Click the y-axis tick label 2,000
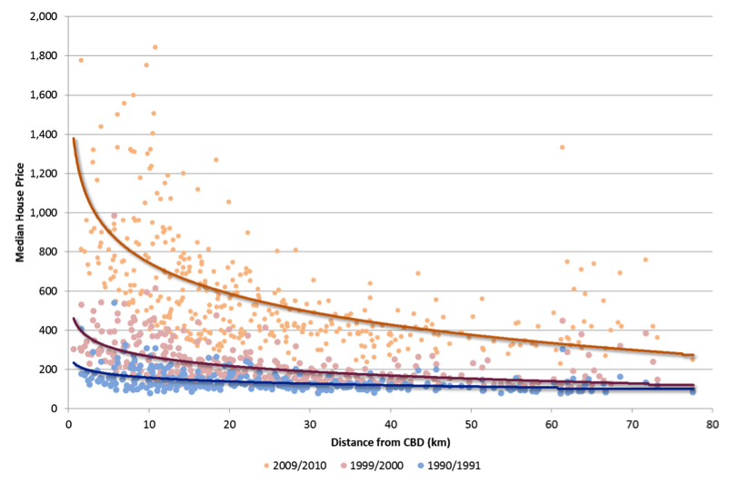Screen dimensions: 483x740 pos(44,17)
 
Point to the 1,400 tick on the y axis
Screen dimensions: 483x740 pos(44,134)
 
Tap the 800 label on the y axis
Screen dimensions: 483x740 pos(49,252)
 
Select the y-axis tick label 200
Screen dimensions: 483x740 pos(49,370)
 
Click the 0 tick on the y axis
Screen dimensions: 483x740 pos(55,409)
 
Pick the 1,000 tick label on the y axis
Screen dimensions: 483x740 pos(44,212)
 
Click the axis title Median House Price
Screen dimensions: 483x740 pos(19,213)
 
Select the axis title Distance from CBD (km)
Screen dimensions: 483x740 pos(390,442)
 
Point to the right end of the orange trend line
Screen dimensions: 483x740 pos(694,355)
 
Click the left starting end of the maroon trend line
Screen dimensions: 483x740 pos(74,319)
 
